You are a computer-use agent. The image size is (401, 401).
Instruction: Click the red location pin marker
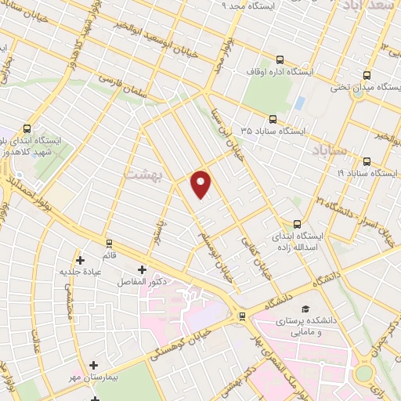[x=201, y=183]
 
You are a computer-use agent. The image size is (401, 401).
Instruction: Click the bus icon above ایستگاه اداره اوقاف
[x=280, y=59]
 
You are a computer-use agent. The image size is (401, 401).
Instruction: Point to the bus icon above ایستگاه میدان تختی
[x=367, y=75]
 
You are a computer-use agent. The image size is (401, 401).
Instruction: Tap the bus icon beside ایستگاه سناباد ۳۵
[x=273, y=119]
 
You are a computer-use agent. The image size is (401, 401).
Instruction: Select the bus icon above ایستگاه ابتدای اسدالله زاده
[x=296, y=222]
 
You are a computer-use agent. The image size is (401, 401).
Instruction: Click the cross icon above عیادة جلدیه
[x=81, y=258]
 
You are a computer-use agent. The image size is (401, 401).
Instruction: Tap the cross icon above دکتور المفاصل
[x=142, y=269]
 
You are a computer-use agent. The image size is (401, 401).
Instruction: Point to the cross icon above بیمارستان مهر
[x=94, y=365]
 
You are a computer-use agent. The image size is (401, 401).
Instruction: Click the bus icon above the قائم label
[x=109, y=243]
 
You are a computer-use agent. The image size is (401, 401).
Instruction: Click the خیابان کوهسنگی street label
[x=188, y=338]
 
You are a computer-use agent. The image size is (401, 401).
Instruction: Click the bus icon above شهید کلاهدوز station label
[x=27, y=128]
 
